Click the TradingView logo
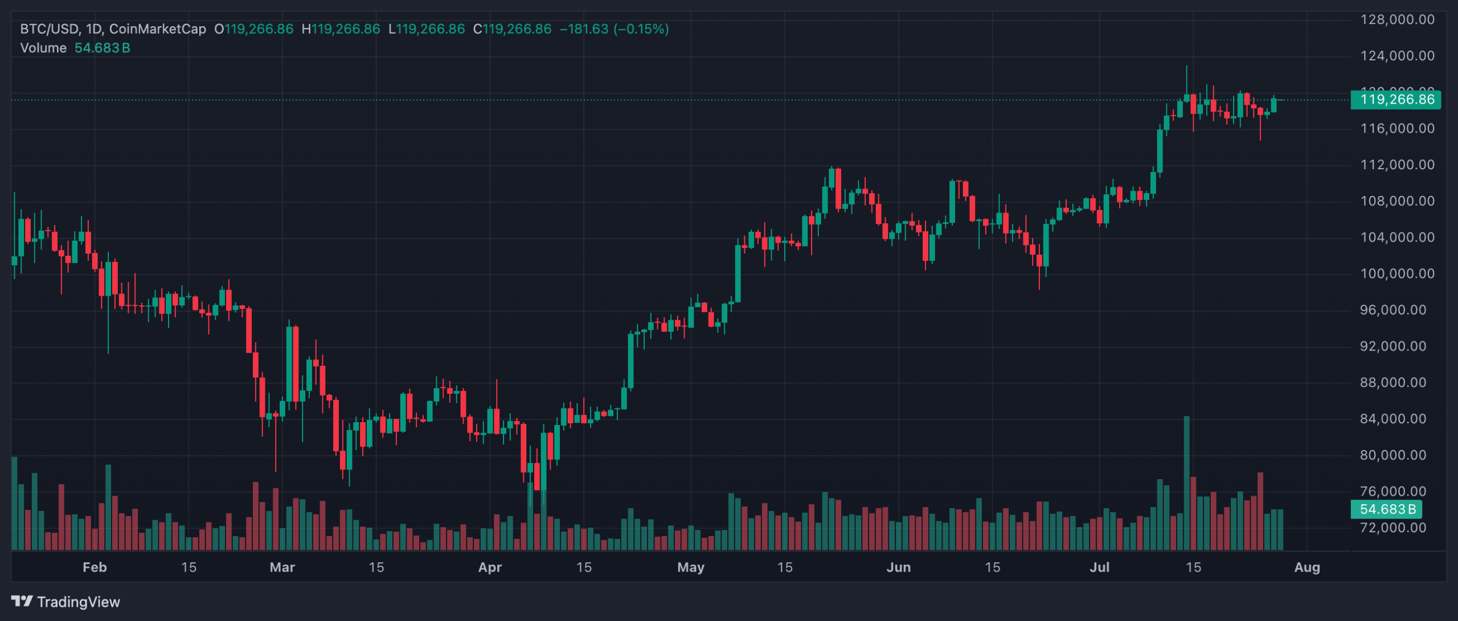click(x=65, y=602)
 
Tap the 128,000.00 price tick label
click(x=1397, y=19)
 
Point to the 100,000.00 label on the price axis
click(x=1397, y=273)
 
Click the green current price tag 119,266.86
click(x=1396, y=100)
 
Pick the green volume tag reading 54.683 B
click(x=1386, y=509)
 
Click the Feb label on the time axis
click(x=95, y=567)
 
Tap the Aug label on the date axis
click(x=1307, y=567)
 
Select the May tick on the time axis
click(x=690, y=567)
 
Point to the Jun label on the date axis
click(x=898, y=567)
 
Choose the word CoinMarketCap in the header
click(x=157, y=29)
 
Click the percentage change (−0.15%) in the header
click(x=641, y=29)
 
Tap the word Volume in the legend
click(x=43, y=48)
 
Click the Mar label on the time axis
click(x=282, y=567)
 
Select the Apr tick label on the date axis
click(x=490, y=567)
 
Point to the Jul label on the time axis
click(x=1099, y=567)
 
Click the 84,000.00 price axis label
click(x=1397, y=419)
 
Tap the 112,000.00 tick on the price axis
click(x=1397, y=165)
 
